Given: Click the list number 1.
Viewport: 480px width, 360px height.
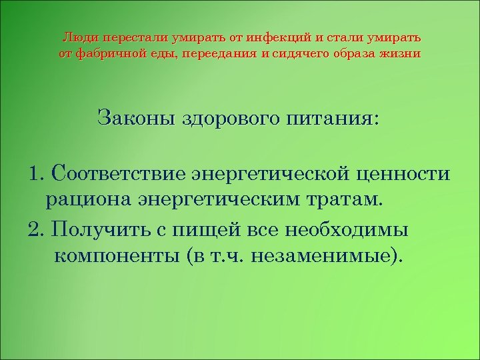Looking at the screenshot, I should (x=35, y=175).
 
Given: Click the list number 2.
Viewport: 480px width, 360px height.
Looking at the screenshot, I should (x=35, y=229).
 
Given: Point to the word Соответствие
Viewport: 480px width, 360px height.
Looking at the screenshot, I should (x=118, y=175).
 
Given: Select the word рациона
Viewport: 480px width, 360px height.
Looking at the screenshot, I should (x=89, y=199).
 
